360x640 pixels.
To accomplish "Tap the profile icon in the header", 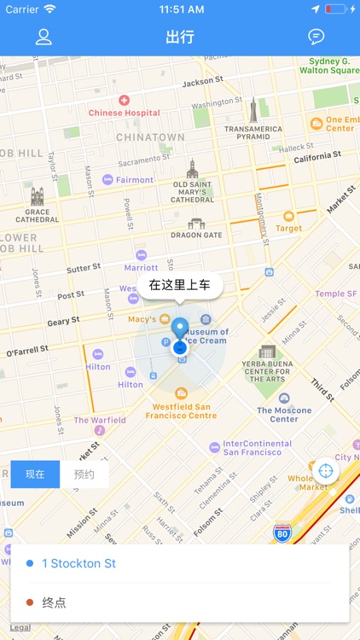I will point(44,37).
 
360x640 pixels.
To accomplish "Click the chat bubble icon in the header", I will point(316,37).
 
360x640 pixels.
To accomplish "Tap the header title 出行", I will point(180,37).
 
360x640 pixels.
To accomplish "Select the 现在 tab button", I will point(35,474).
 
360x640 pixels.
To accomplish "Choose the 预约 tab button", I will point(84,474).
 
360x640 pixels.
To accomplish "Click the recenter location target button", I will point(325,471).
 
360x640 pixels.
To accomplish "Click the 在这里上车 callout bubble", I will point(179,285).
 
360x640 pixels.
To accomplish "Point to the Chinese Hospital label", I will point(124,112).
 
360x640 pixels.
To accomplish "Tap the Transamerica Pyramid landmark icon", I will point(253,109).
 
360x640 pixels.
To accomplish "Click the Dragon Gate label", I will point(196,235).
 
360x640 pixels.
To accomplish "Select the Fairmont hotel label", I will point(134,180).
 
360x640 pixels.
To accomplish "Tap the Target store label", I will point(288,228).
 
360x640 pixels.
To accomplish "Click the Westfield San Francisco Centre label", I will point(184,410).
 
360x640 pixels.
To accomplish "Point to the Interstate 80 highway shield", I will point(282,533).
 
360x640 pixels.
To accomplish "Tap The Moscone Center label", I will point(284,414).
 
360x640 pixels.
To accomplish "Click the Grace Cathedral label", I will point(37,214).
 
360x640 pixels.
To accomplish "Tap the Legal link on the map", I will point(20,628).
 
